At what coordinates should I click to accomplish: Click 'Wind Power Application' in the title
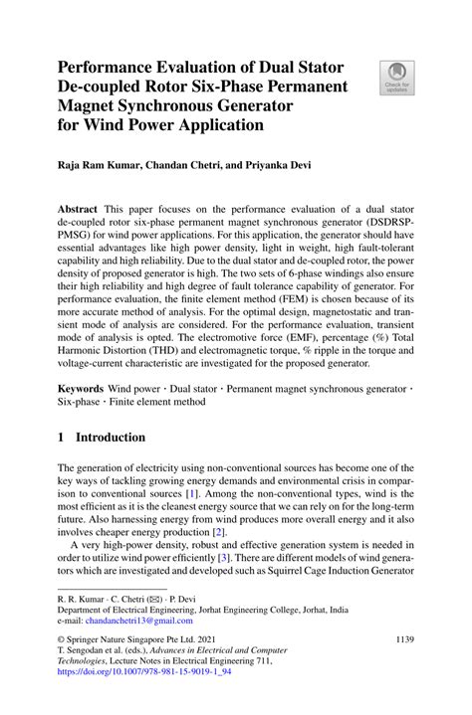(x=172, y=125)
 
